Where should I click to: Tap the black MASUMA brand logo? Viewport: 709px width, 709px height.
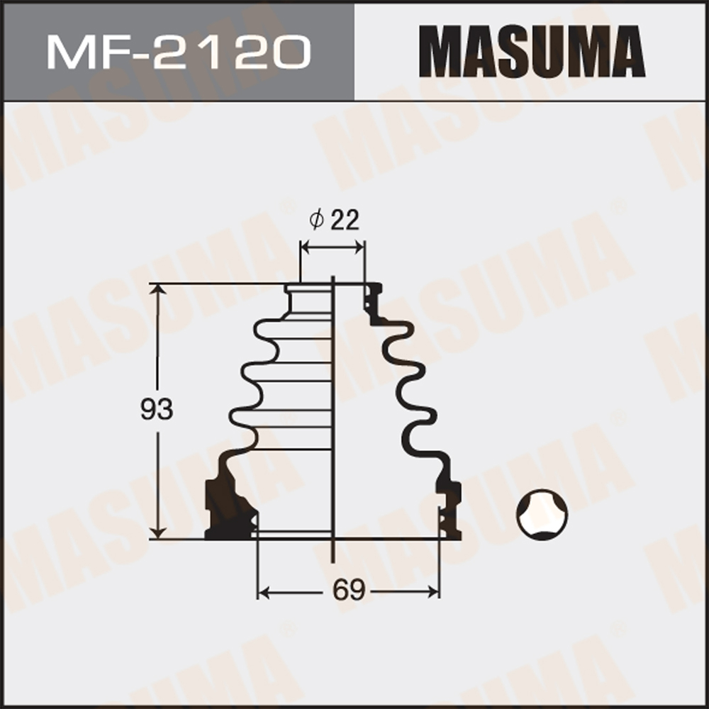coord(531,52)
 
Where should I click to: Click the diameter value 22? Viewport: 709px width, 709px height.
coord(345,220)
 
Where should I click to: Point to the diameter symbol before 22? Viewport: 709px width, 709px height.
coord(316,220)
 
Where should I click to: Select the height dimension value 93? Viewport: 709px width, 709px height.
coord(157,409)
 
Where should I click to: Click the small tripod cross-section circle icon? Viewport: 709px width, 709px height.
coord(542,515)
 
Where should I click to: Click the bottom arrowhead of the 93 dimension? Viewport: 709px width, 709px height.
coord(158,532)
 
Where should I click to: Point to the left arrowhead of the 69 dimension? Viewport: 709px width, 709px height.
coord(264,592)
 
